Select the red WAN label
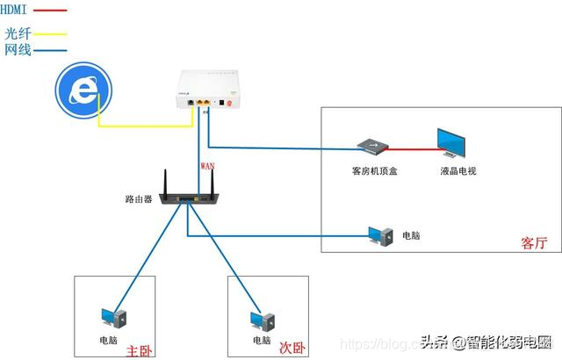pyautogui.click(x=207, y=164)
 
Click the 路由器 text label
pyautogui.click(x=138, y=199)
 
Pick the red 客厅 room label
pyautogui.click(x=533, y=242)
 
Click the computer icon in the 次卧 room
pyautogui.click(x=261, y=318)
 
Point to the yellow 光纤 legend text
pyautogui.click(x=18, y=33)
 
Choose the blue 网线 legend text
pyautogui.click(x=18, y=50)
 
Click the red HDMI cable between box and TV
pyautogui.click(x=412, y=146)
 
